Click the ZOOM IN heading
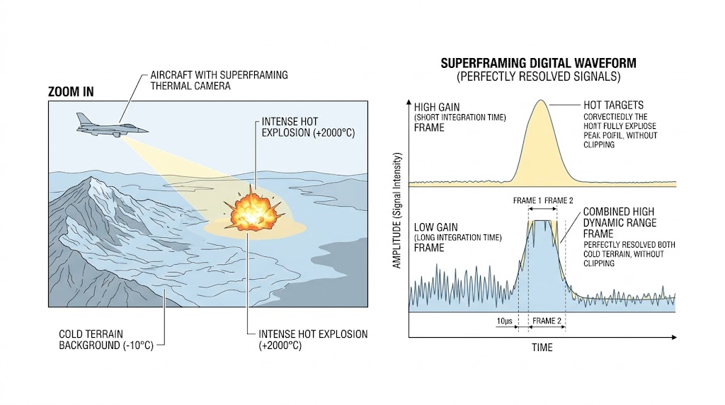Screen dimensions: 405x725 pos(70,92)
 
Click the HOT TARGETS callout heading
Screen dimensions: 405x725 pos(612,104)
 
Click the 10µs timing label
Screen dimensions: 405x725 pos(506,321)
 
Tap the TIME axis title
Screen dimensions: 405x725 pos(542,348)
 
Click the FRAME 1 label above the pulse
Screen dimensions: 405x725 pos(527,200)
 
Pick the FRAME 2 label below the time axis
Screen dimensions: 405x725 pos(547,321)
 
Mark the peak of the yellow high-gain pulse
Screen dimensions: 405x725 pos(541,101)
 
